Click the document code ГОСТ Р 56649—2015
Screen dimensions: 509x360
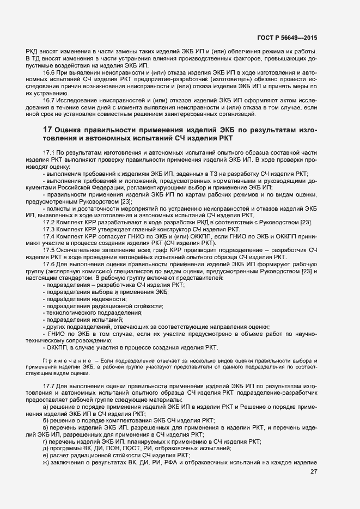click(288, 38)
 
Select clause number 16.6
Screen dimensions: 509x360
click(49, 72)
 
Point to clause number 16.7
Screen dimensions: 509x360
click(49, 100)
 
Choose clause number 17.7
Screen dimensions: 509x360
click(49, 385)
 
